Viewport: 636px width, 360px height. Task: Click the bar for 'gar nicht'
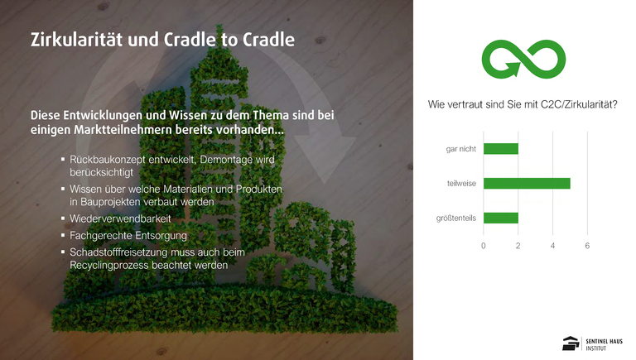coord(501,149)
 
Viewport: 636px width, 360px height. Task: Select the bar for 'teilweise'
coord(527,183)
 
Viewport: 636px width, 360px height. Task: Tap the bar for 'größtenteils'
coord(501,218)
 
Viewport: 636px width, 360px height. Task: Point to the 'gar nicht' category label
coord(460,149)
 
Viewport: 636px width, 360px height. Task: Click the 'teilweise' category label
coord(461,183)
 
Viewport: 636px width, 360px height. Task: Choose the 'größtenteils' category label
coord(456,218)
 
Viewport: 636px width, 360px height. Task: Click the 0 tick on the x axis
coord(483,246)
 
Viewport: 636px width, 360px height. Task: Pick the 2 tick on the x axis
coord(518,246)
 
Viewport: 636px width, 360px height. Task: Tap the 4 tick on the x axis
coord(552,246)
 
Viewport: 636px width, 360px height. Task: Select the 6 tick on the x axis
coord(587,246)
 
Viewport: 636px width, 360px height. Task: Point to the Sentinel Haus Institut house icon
coord(571,343)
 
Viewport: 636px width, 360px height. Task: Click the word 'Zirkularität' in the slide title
coord(77,40)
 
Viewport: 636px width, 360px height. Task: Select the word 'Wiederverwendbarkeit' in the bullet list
coord(120,218)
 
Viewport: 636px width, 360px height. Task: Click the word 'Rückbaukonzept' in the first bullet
coord(107,160)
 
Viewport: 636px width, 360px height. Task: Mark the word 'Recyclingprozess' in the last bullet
coord(108,265)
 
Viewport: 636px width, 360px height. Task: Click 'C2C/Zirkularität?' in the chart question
coord(579,104)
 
